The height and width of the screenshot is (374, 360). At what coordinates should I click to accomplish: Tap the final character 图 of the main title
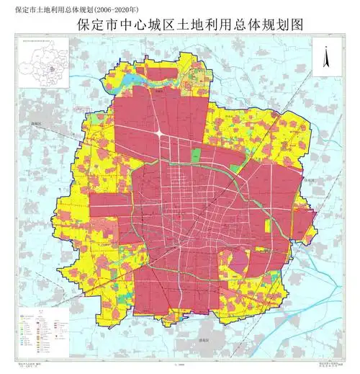tap(294, 25)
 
